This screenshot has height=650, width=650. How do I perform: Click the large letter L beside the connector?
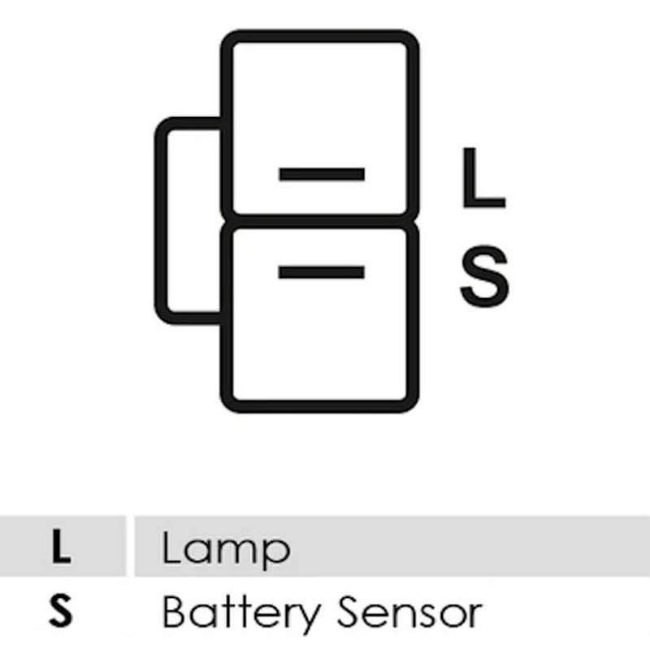point(483,177)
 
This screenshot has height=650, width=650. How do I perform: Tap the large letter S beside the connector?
point(484,275)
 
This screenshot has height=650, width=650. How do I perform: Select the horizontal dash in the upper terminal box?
point(322,174)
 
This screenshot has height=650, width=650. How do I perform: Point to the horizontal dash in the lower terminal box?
point(321,272)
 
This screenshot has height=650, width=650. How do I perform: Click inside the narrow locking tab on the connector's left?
point(193,221)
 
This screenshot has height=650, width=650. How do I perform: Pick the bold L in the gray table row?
point(62,546)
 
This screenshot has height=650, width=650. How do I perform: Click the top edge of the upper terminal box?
point(319,36)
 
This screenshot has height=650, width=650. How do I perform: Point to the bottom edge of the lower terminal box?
point(319,407)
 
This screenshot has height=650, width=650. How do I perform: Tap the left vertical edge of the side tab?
point(160,221)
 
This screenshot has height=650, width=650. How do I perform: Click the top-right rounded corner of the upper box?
point(409,40)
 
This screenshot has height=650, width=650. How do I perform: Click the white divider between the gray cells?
point(130,546)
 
